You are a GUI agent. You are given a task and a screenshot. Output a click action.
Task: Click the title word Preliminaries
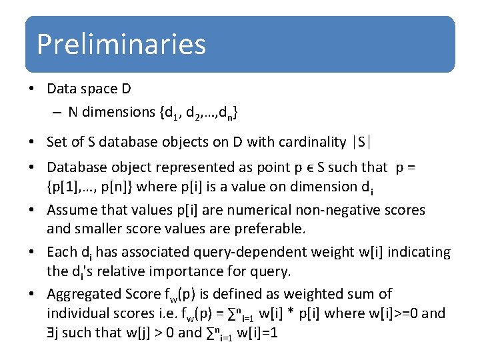pyautogui.click(x=121, y=44)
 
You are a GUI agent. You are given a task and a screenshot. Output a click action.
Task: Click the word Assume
pyautogui.click(x=70, y=210)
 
